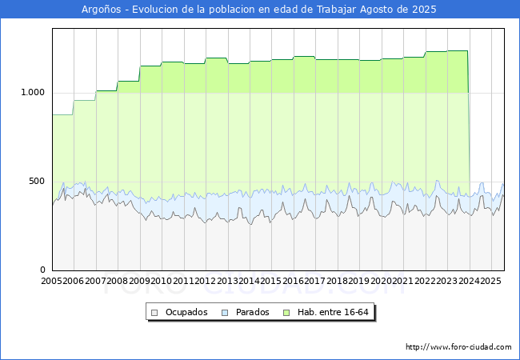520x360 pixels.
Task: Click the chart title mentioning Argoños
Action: click(259, 10)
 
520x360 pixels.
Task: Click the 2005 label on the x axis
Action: click(52, 281)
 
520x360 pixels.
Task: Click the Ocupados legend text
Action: click(186, 312)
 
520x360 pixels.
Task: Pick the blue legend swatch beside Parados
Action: click(226, 312)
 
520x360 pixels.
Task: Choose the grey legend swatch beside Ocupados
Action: click(155, 312)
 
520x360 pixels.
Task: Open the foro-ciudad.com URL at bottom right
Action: click(458, 347)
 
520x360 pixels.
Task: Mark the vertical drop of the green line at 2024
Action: click(469, 120)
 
